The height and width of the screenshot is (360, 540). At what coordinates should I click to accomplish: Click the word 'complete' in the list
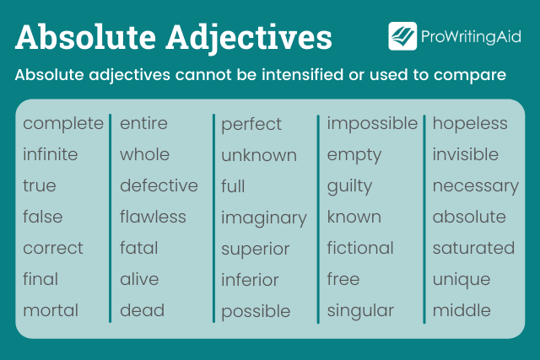(63, 124)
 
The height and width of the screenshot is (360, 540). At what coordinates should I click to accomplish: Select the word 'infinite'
(51, 155)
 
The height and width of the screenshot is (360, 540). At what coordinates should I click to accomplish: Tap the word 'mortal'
(51, 310)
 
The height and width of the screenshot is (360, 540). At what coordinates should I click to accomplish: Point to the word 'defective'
(159, 185)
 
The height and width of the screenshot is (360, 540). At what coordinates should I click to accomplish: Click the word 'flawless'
(153, 217)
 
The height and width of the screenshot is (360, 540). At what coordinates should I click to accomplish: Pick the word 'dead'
(141, 310)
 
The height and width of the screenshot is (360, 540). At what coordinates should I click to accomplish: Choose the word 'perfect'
(251, 125)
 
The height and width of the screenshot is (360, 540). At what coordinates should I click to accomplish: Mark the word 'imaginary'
(264, 218)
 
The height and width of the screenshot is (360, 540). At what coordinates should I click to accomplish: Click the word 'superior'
(256, 250)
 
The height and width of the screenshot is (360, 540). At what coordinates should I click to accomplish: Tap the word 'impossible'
(372, 124)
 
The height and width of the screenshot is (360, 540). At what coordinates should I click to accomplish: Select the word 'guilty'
(349, 186)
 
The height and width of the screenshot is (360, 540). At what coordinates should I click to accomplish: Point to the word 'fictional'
(360, 248)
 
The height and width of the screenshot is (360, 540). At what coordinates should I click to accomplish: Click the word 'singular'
(360, 310)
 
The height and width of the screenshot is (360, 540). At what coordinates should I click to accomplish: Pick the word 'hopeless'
(470, 124)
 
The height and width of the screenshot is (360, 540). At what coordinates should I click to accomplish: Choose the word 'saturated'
(473, 248)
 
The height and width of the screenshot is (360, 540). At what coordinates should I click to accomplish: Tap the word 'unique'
(462, 280)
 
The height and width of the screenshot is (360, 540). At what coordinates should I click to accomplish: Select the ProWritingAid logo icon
(402, 36)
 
